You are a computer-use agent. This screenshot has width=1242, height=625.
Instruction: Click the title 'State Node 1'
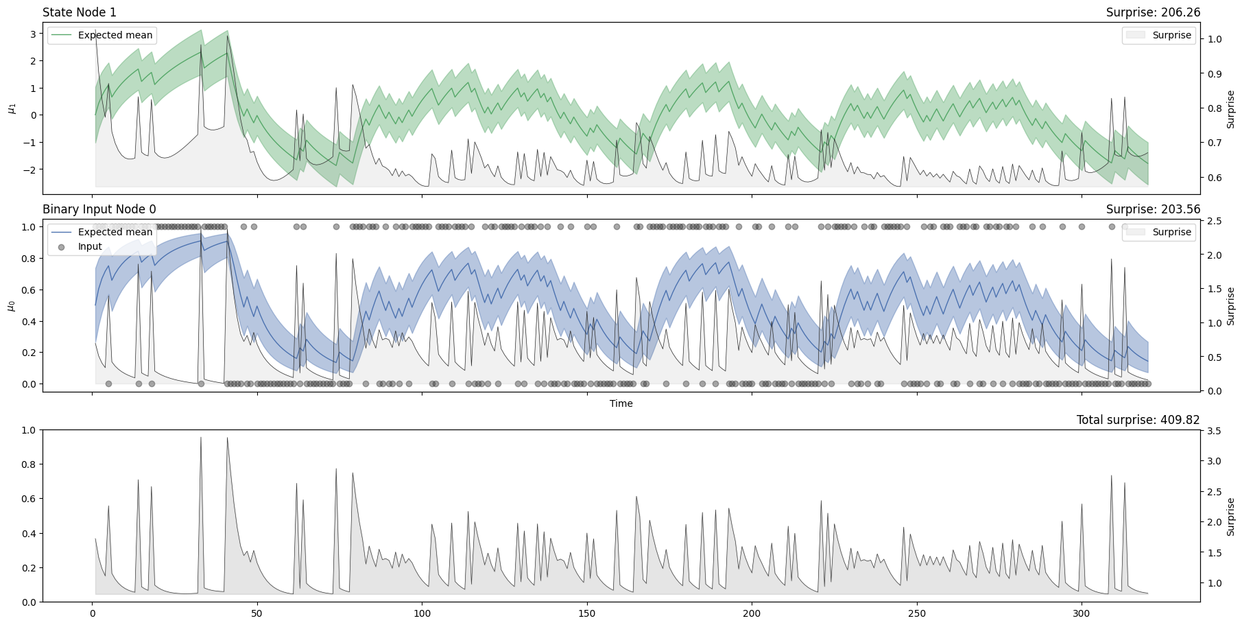(80, 12)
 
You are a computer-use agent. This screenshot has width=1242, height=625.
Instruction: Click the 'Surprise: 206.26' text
(1153, 12)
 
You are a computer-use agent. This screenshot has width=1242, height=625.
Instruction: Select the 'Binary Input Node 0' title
(99, 209)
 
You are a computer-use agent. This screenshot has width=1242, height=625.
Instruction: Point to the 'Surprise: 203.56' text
(1153, 209)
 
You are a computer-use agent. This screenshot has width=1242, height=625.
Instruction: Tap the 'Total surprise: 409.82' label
(1138, 420)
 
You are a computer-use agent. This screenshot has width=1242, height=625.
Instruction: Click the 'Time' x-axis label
(621, 403)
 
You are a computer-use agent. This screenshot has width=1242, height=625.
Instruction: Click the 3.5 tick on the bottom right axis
(1214, 431)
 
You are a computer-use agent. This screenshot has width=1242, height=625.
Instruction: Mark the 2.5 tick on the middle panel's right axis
(1214, 221)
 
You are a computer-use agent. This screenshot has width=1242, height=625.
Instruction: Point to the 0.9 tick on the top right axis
(1214, 74)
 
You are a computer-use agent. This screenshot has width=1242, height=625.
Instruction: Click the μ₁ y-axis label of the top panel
(11, 108)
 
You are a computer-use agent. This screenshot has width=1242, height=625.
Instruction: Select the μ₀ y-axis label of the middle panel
(11, 305)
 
